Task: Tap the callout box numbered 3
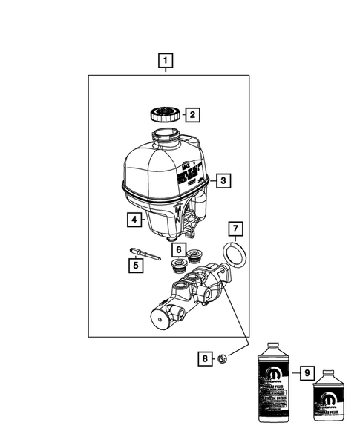pyautogui.click(x=222, y=180)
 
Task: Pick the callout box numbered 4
pyautogui.click(x=133, y=220)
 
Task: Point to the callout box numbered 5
pyautogui.click(x=135, y=263)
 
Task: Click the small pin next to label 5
pyautogui.click(x=145, y=253)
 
